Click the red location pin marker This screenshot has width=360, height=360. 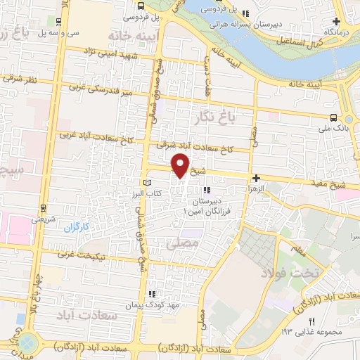(x=181, y=165)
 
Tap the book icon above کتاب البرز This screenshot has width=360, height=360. (x=147, y=183)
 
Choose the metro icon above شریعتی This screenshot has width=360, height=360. (x=44, y=209)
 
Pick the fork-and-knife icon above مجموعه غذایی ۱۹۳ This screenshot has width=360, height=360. (x=313, y=321)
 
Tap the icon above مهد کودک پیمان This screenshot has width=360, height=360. (x=150, y=295)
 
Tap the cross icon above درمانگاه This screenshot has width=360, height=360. (x=338, y=21)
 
